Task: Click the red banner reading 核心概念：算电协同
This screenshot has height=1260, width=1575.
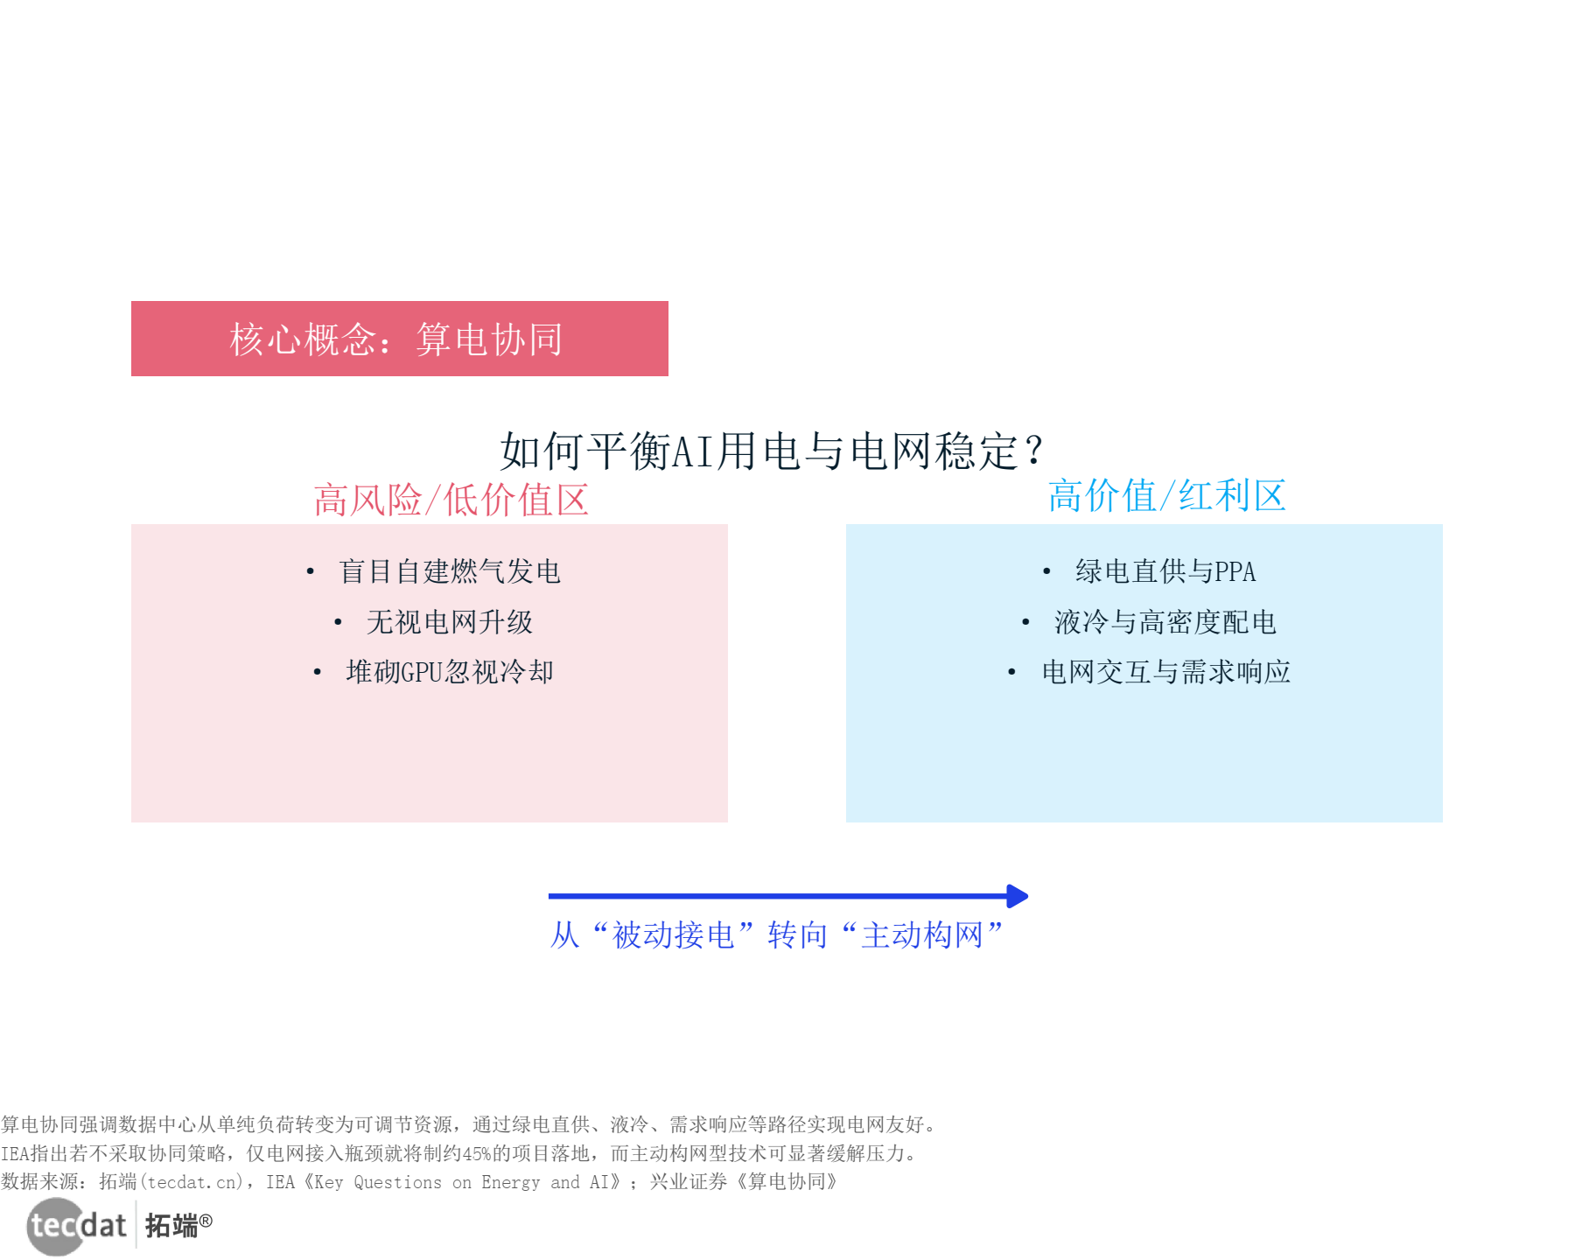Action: (399, 339)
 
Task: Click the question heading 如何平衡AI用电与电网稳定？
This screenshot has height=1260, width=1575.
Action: (771, 451)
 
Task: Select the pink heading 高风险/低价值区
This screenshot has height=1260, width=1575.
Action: (451, 500)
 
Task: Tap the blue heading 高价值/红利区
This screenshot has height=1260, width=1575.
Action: (1166, 496)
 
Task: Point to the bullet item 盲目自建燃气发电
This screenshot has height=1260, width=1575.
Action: (449, 571)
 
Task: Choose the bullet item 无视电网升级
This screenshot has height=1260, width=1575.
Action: (449, 622)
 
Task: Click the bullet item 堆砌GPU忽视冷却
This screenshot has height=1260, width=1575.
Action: (449, 672)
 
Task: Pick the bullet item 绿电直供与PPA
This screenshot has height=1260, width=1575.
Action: (1165, 571)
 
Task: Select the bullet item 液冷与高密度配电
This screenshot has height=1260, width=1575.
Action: (1165, 622)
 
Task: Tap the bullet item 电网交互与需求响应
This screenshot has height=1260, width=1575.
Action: (1165, 672)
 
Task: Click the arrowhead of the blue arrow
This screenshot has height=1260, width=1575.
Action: (1018, 896)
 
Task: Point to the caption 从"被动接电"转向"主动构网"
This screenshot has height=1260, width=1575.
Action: (776, 935)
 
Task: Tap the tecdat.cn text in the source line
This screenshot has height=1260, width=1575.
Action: (193, 1183)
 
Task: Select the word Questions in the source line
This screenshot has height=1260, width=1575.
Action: (397, 1183)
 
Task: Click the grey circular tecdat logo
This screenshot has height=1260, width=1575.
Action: (56, 1226)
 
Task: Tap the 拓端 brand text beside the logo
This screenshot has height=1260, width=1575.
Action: (171, 1226)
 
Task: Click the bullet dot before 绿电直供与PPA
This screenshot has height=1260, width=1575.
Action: (1046, 572)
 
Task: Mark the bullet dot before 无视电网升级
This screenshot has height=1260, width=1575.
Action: (338, 623)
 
